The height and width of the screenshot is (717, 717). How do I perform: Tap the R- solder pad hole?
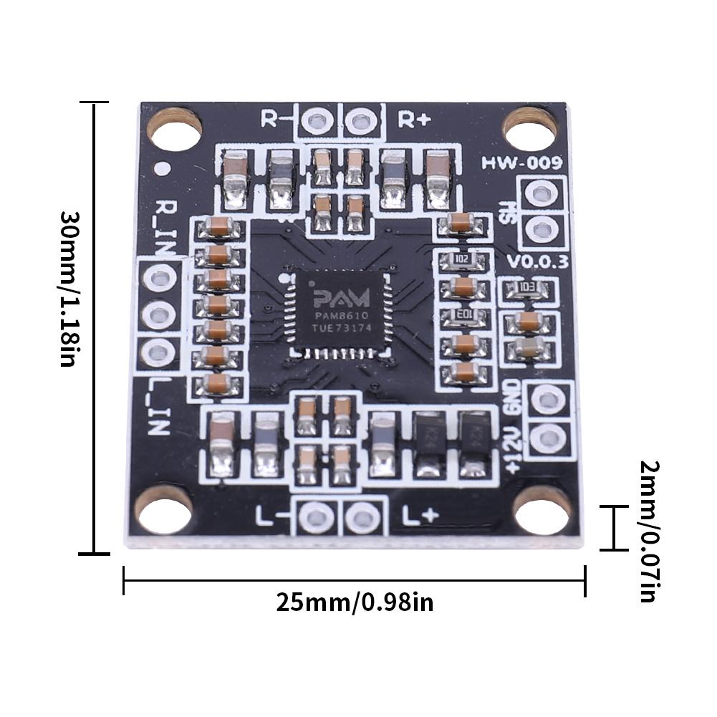(316, 120)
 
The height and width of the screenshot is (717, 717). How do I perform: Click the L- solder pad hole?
(316, 516)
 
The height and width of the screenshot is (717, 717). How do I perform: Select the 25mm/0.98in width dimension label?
(355, 602)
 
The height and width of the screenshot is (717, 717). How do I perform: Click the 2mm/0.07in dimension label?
(649, 531)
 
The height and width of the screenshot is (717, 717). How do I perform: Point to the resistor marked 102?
(462, 259)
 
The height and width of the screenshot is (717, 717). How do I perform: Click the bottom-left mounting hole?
(163, 509)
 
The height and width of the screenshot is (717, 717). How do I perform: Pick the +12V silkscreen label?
(512, 450)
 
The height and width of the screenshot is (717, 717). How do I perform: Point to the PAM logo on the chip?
(340, 297)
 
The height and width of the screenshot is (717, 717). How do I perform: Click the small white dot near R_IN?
(163, 169)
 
